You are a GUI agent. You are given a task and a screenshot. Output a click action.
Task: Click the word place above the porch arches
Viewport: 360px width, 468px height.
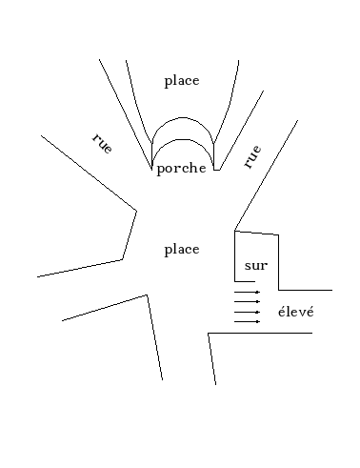tap(181, 81)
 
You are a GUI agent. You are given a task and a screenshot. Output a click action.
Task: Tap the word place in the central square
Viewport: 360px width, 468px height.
tap(181, 250)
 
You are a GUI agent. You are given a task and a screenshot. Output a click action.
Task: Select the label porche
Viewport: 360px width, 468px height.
tap(182, 170)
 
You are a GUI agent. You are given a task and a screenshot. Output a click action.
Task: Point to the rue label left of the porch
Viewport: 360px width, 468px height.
tap(102, 145)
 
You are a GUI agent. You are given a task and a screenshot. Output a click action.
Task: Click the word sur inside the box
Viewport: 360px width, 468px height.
tap(255, 266)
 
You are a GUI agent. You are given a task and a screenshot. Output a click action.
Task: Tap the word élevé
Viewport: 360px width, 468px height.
tap(294, 312)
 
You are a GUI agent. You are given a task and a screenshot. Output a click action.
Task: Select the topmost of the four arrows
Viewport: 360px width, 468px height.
tap(247, 292)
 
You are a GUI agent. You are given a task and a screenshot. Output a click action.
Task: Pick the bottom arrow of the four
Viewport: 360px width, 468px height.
tap(247, 321)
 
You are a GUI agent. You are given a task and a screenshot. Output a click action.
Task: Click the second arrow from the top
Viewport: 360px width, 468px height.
tap(247, 301)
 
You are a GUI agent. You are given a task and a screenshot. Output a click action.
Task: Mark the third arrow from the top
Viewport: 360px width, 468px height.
tap(247, 312)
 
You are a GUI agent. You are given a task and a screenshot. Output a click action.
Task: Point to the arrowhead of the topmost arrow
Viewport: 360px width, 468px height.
tap(258, 292)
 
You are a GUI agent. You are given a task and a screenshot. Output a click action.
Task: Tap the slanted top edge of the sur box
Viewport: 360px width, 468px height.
tap(256, 233)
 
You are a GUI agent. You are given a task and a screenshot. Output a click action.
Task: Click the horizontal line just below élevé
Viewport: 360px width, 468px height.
tap(260, 333)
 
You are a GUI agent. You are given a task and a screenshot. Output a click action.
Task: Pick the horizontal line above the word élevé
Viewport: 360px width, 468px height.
tap(305, 290)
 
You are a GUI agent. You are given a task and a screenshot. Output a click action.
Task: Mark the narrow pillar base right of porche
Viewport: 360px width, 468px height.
tap(216, 169)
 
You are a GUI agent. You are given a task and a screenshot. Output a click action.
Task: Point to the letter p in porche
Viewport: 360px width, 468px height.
tap(160, 171)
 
